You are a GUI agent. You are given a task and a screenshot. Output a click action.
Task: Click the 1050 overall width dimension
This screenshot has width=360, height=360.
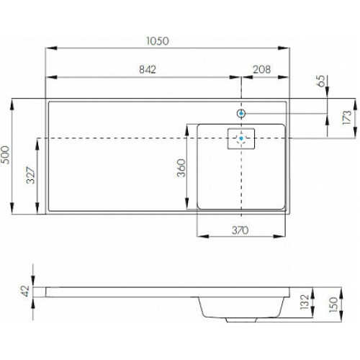pyautogui.click(x=158, y=41)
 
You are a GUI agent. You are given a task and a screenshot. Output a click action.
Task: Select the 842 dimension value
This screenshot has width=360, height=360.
pyautogui.click(x=148, y=70)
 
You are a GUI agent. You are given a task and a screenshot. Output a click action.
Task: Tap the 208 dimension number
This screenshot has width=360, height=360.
pyautogui.click(x=262, y=70)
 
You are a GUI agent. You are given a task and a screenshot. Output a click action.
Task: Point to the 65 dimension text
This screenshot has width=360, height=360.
pyautogui.click(x=321, y=81)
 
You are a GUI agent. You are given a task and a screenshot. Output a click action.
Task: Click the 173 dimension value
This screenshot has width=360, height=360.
pyautogui.click(x=347, y=117)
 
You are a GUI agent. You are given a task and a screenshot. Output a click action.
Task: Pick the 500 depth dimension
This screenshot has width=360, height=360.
pyautogui.click(x=6, y=156)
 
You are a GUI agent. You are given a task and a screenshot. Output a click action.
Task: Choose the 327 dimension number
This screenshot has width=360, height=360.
pyautogui.click(x=31, y=175)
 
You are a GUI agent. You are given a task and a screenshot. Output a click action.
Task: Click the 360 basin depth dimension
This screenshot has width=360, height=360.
pyautogui.click(x=181, y=168)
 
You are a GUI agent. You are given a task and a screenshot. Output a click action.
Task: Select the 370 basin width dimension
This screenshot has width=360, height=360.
pyautogui.click(x=240, y=230)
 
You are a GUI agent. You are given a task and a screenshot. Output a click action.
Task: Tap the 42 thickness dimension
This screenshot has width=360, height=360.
pyautogui.click(x=25, y=291)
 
